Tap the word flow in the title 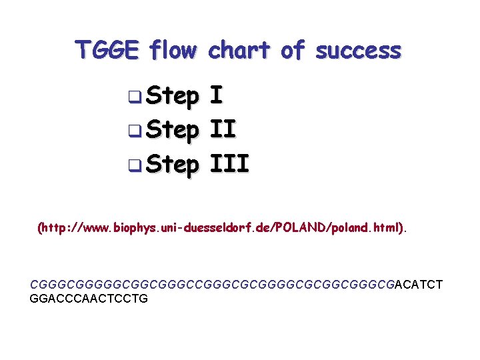point(173,50)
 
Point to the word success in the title point(358,50)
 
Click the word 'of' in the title point(292,50)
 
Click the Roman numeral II point(223,129)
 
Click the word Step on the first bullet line point(172,97)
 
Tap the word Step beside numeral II point(172,129)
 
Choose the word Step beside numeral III point(172,162)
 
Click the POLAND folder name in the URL point(293,227)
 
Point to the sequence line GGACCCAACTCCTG point(89,298)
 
